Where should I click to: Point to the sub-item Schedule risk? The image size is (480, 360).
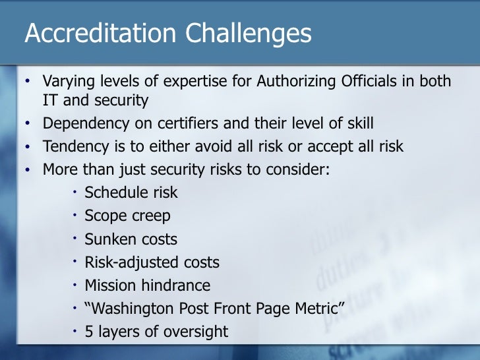click(x=131, y=193)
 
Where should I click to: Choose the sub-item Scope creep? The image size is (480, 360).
click(x=127, y=216)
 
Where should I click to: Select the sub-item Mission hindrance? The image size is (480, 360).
click(x=147, y=285)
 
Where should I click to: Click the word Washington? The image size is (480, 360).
click(x=131, y=309)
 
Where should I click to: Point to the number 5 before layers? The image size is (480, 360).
click(x=89, y=332)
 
